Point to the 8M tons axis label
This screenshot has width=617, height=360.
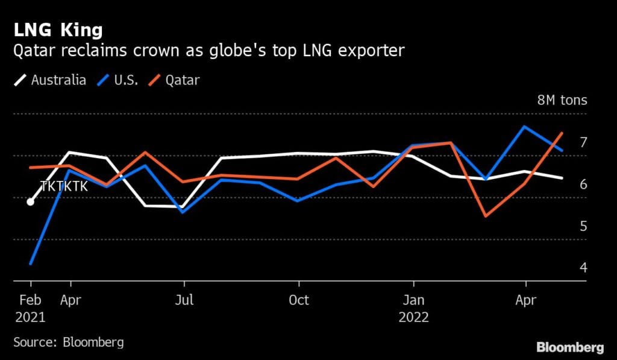pos(562,101)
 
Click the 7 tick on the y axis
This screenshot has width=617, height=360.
pos(583,142)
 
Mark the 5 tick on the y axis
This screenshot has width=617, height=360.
pos(583,226)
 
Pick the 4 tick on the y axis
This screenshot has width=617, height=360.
pos(583,267)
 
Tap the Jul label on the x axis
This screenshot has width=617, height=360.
pos(184,300)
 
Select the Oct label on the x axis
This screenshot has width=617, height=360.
pos(298,300)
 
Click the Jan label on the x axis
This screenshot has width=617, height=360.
pos(413,300)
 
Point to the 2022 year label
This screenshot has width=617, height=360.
pos(413,317)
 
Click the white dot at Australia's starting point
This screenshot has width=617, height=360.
pos(30,201)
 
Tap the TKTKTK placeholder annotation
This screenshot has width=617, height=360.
pos(64,186)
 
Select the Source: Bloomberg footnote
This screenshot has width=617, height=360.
pos(68,343)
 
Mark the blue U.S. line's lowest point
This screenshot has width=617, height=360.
pos(30,264)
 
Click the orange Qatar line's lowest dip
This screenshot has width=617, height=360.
pos(486,216)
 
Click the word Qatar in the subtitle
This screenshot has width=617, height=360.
pos(33,51)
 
